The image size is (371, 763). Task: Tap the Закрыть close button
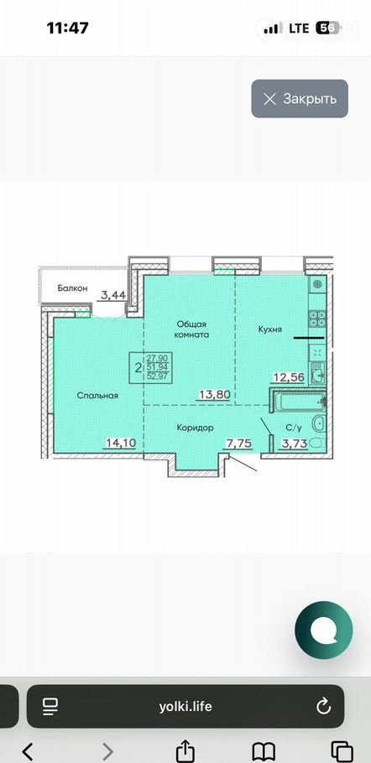pyautogui.click(x=300, y=99)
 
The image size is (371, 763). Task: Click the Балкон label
pyautogui.click(x=72, y=288)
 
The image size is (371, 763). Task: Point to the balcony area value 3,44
pyautogui.click(x=113, y=294)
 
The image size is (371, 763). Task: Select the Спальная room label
pyautogui.click(x=98, y=396)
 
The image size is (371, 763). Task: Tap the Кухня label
pyautogui.click(x=269, y=330)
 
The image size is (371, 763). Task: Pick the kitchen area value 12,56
pyautogui.click(x=290, y=377)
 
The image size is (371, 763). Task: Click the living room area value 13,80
pyautogui.click(x=214, y=394)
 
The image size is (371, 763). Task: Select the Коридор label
pyautogui.click(x=196, y=428)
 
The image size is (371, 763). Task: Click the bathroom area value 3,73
pyautogui.click(x=295, y=443)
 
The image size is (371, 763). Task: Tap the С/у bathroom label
pyautogui.click(x=294, y=428)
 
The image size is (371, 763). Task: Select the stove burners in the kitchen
pyautogui.click(x=318, y=319)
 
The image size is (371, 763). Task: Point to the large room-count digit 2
pyautogui.click(x=138, y=366)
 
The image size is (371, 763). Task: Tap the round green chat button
pyautogui.click(x=324, y=631)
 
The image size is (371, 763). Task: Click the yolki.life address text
pyautogui.click(x=185, y=707)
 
